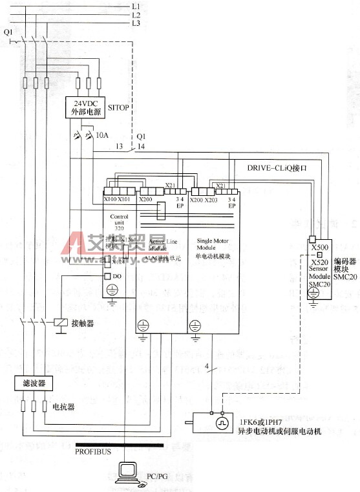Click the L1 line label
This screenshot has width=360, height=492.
click(x=136, y=6)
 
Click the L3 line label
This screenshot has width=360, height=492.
click(x=136, y=23)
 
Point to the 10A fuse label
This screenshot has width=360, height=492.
click(x=101, y=136)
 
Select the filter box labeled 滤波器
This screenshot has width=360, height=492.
click(x=30, y=383)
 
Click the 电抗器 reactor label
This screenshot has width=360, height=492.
click(x=63, y=407)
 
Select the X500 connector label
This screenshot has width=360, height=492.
click(x=319, y=248)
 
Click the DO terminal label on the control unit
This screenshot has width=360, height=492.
click(x=117, y=276)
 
